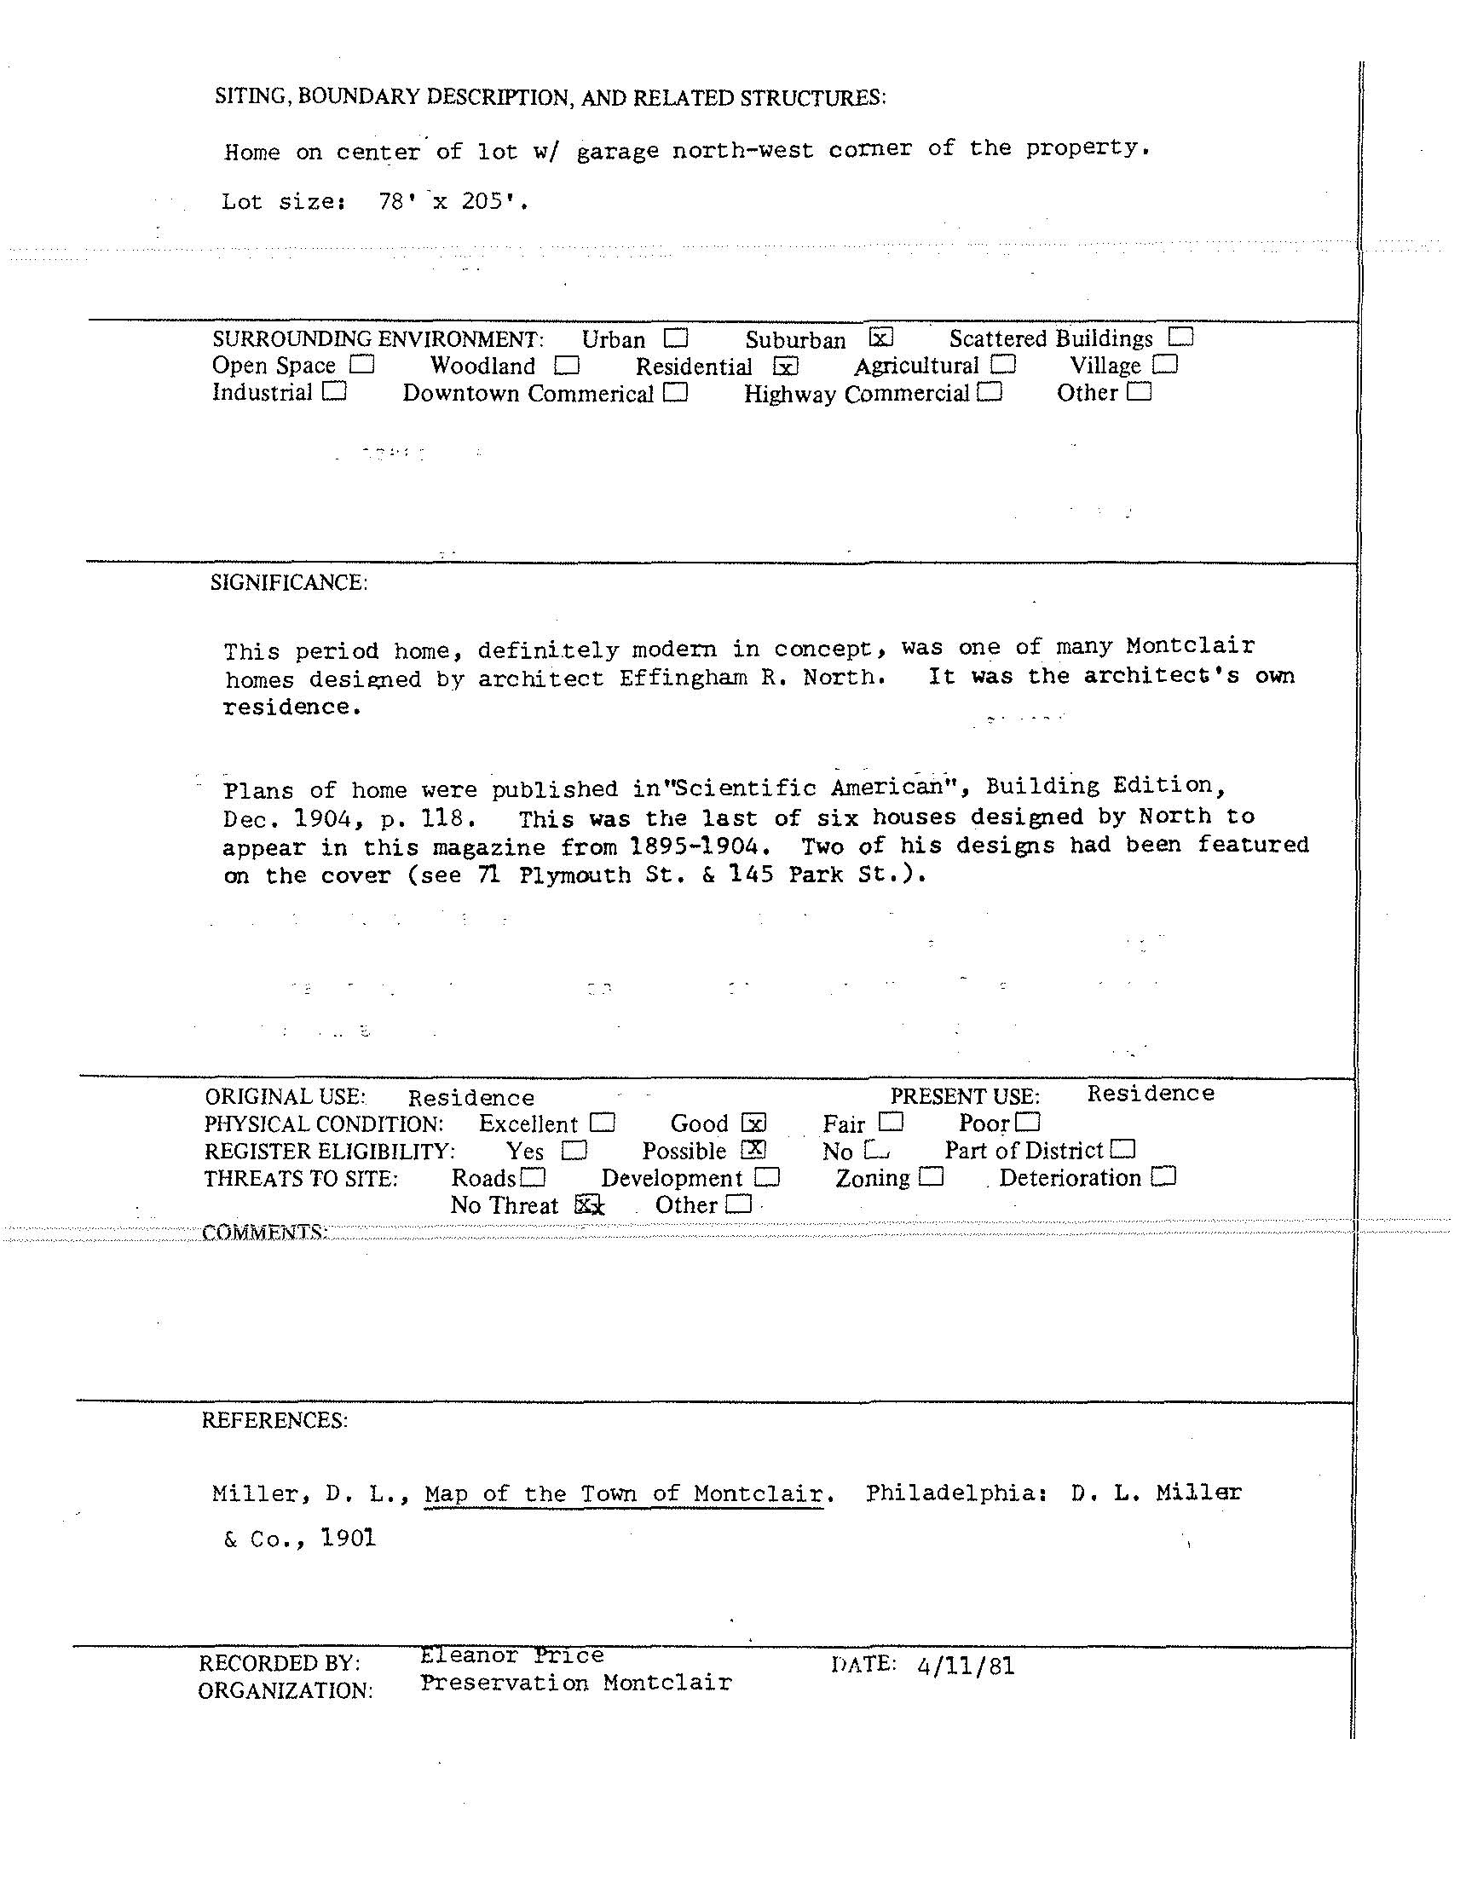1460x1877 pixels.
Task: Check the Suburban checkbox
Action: [881, 337]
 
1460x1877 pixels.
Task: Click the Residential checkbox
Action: [786, 367]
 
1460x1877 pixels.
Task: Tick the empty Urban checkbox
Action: [676, 337]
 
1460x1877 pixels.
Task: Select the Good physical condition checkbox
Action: [753, 1123]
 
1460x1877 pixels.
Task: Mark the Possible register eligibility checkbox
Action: [753, 1149]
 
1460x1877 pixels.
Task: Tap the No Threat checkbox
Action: [586, 1204]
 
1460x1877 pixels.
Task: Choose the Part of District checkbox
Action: [1123, 1149]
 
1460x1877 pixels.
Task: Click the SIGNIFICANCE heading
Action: [289, 583]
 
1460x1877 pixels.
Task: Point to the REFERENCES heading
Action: [275, 1420]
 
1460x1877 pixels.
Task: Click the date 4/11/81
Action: [966, 1667]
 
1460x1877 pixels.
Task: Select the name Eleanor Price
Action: [512, 1655]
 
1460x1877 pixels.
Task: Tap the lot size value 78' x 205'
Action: [453, 202]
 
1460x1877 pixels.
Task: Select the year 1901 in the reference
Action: [349, 1538]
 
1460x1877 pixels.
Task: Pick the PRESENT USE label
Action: [964, 1096]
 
